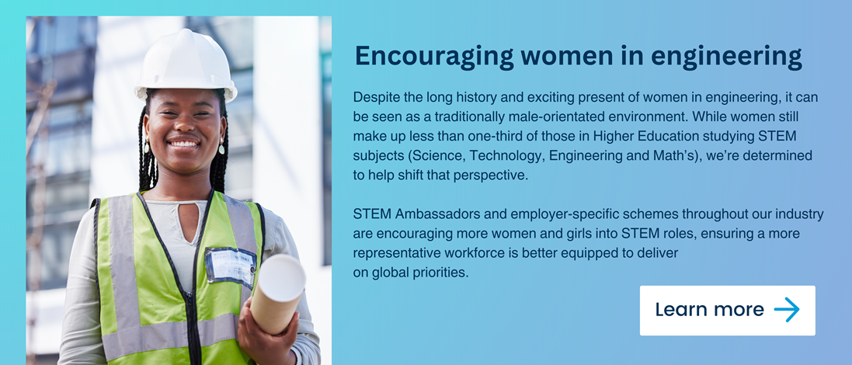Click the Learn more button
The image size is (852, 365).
click(x=727, y=310)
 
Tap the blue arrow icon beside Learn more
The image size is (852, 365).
click(x=787, y=310)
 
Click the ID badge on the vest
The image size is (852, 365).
click(x=231, y=266)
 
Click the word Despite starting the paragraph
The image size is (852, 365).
click(x=374, y=98)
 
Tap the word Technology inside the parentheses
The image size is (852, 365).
click(x=506, y=156)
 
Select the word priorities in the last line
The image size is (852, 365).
click(x=441, y=273)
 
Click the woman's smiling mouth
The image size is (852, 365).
click(x=184, y=144)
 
